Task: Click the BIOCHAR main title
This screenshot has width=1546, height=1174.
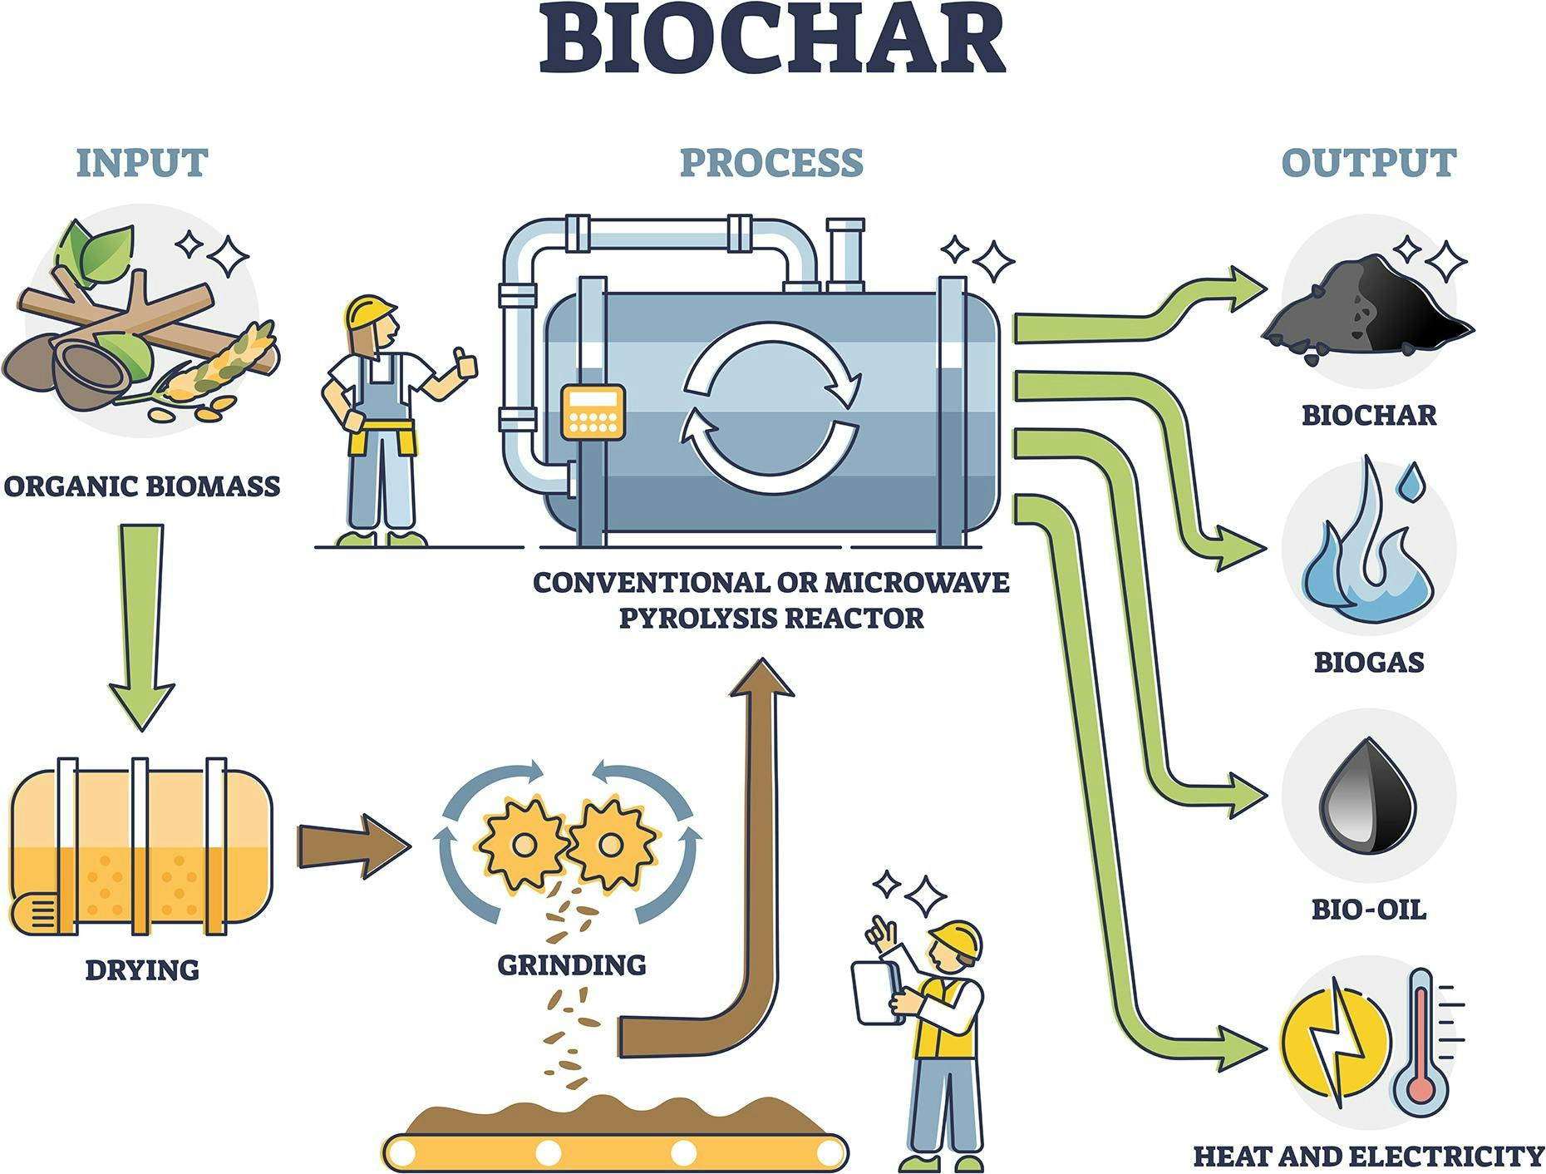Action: click(772, 41)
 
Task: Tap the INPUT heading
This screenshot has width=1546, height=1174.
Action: click(142, 163)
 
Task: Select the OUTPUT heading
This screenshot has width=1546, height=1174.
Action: click(1368, 163)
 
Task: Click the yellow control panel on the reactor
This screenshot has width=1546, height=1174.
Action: click(593, 412)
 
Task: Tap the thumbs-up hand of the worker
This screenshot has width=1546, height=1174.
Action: click(463, 364)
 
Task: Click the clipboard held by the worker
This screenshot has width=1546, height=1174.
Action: click(876, 993)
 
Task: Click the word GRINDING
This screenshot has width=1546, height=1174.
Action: click(572, 964)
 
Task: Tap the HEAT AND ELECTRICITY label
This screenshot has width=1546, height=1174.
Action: click(1367, 1156)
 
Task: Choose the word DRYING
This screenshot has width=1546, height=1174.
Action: click(142, 969)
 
